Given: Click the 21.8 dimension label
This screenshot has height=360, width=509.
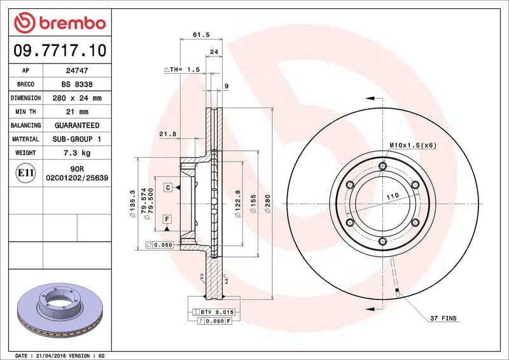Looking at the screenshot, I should [x=167, y=134].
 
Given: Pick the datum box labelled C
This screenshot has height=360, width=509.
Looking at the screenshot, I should [x=167, y=187].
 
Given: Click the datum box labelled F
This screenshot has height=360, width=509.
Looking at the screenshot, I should [x=167, y=219].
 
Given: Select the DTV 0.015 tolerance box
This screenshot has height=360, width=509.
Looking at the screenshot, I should [x=214, y=312].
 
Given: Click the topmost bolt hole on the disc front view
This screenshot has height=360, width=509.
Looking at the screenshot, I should [x=382, y=167].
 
